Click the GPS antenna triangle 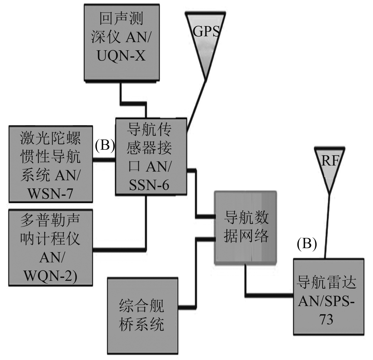click(x=206, y=39)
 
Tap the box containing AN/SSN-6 click(x=151, y=157)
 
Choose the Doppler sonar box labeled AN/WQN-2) click(x=51, y=247)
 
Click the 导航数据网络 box click(x=246, y=227)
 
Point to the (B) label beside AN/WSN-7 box click(x=105, y=145)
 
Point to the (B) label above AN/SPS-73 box click(x=307, y=244)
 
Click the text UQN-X click(x=121, y=56)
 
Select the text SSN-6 click(x=149, y=185)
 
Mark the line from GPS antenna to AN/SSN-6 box click(x=196, y=105)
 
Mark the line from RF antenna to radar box click(x=327, y=226)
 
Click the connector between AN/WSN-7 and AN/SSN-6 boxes click(x=104, y=160)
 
